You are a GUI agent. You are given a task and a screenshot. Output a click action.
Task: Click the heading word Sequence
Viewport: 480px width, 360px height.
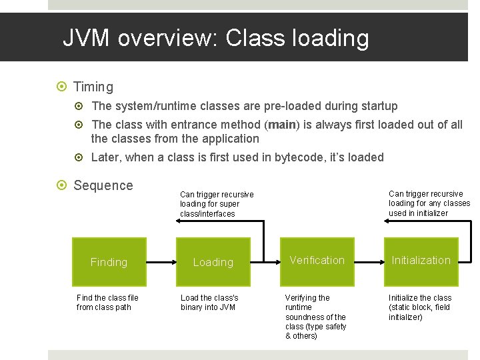coord(103,185)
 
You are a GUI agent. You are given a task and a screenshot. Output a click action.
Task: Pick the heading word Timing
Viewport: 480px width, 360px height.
coord(93,87)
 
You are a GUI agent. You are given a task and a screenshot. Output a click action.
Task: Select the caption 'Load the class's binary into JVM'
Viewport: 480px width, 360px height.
coord(209,303)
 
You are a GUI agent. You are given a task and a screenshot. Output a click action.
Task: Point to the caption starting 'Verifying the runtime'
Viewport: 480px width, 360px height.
coord(315,317)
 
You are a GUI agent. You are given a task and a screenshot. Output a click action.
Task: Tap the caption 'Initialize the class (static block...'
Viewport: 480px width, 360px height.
coord(420,307)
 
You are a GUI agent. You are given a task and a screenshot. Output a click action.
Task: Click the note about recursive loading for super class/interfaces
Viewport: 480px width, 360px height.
coord(217,204)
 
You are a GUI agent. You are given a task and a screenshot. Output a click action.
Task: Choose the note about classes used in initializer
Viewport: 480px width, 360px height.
coord(429,203)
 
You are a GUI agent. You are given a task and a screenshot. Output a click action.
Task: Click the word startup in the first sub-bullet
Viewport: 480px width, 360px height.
coord(377,106)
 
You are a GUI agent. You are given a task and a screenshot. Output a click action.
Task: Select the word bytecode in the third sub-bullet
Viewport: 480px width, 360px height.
coord(291,157)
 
